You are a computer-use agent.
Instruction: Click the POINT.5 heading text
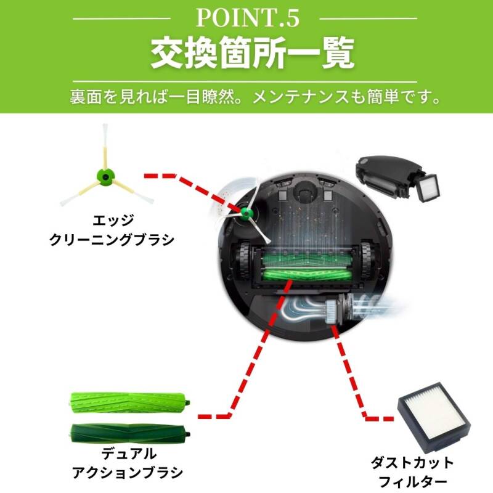248,18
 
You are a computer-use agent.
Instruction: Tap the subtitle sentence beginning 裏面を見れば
255,97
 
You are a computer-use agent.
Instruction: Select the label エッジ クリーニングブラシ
112,229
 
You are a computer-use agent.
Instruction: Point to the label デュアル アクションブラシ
128,463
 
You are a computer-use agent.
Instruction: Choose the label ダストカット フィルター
412,472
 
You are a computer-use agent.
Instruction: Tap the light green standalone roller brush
129,402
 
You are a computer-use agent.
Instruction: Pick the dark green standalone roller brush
129,434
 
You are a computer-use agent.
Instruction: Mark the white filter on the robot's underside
332,312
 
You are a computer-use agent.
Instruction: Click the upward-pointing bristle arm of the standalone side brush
105,147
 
